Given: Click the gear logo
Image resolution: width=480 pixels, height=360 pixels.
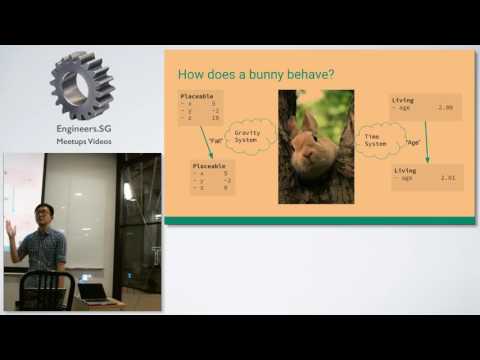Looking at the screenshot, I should click(82, 87).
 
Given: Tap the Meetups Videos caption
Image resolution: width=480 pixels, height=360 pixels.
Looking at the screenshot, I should click(83, 142).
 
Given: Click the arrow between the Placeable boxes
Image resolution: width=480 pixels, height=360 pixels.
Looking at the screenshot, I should click(208, 141).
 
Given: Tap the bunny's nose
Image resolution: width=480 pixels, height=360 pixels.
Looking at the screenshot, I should click(311, 148).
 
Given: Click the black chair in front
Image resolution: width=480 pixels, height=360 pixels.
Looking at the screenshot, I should click(46, 289).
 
